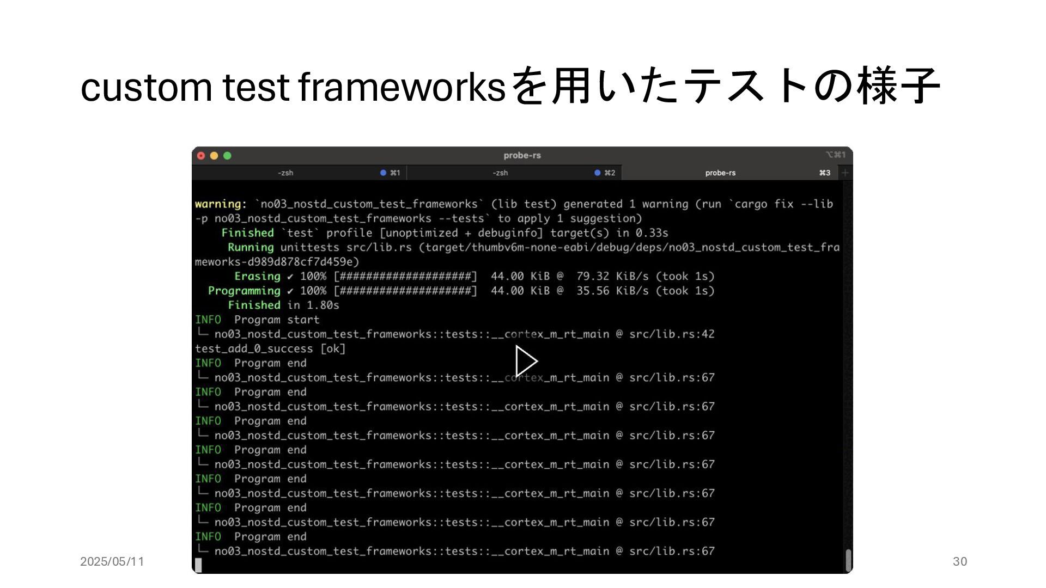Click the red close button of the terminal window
tap(201, 156)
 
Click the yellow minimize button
tap(214, 156)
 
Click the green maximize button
tap(227, 156)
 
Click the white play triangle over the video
tap(526, 361)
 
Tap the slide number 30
tap(960, 561)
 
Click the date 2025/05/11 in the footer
tap(112, 561)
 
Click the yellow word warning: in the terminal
tap(221, 204)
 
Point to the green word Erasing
tap(257, 277)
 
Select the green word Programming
tap(244, 291)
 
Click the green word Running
tap(251, 247)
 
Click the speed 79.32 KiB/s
tap(612, 277)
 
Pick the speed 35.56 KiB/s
tap(612, 291)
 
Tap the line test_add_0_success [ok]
tap(270, 348)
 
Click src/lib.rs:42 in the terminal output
tap(671, 334)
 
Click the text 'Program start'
tap(277, 320)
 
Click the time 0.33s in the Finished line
tap(652, 233)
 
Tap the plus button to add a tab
tap(845, 173)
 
